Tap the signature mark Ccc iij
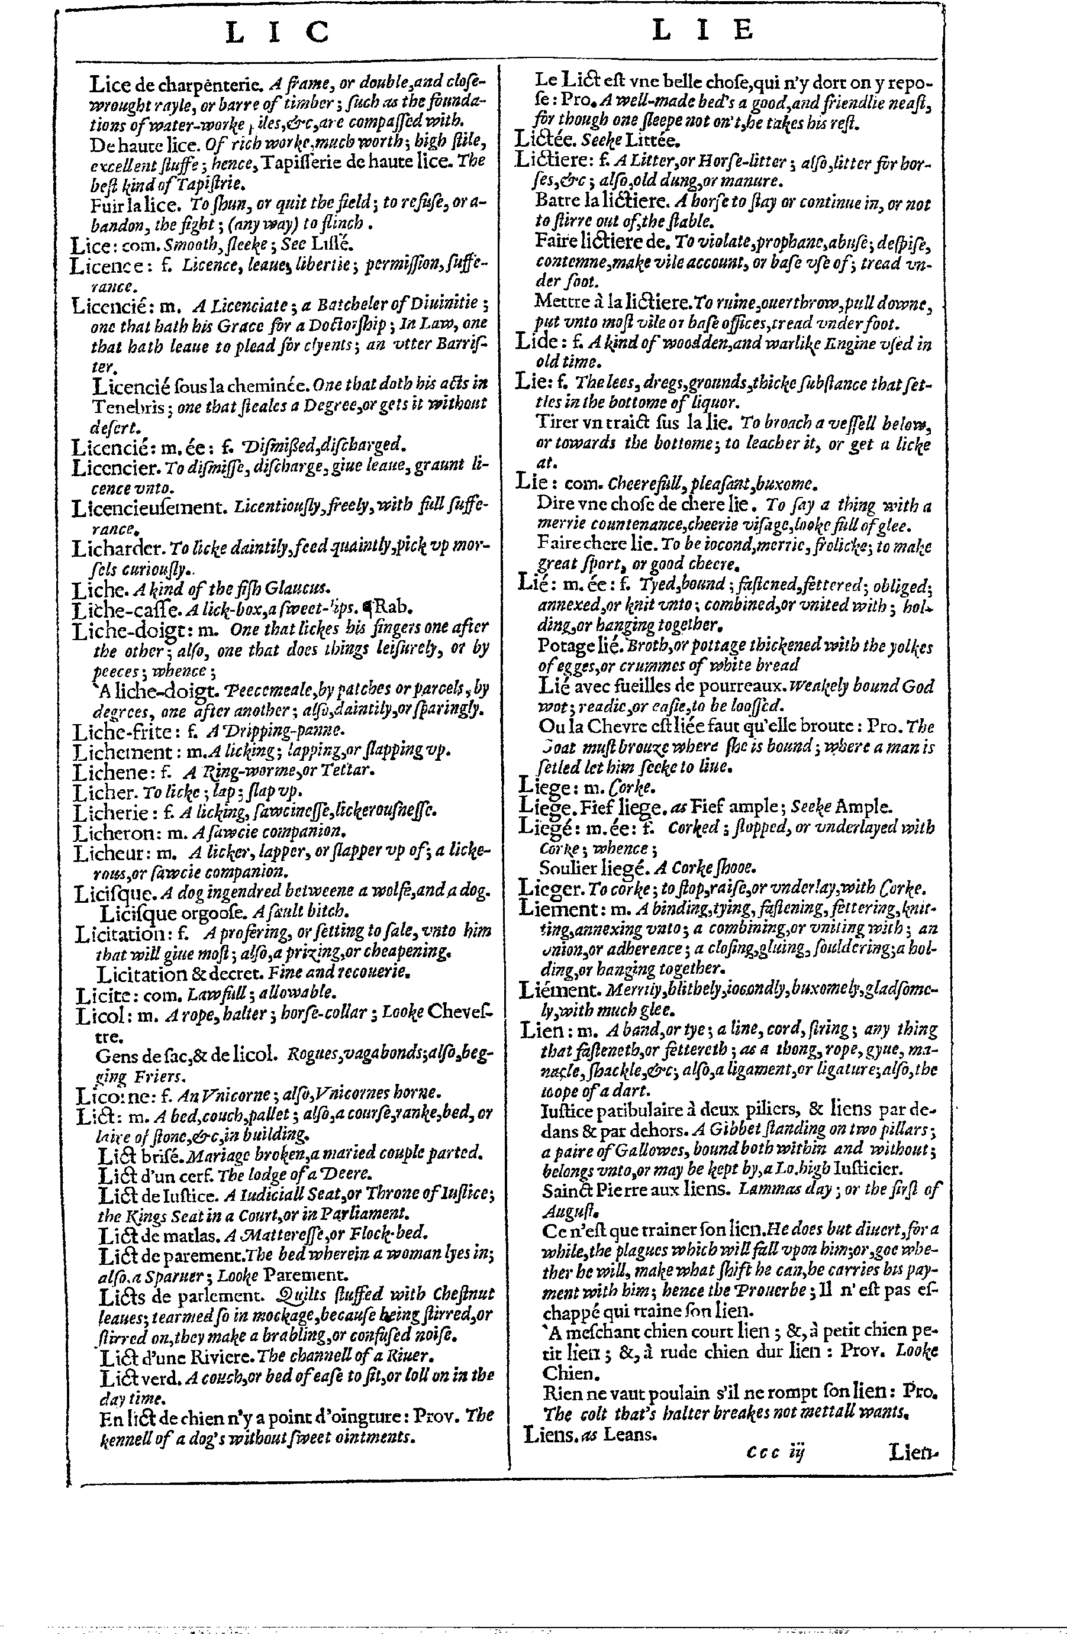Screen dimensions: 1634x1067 775,1451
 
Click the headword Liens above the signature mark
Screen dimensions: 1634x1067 549,1433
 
